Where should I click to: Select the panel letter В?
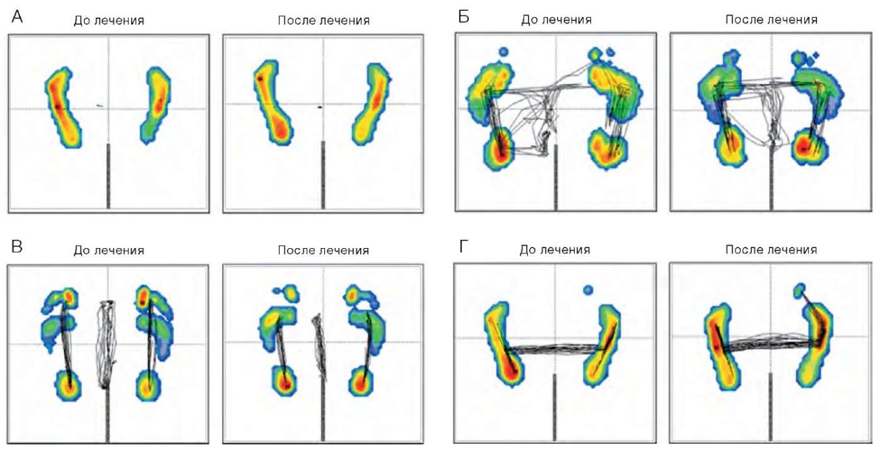tap(17, 247)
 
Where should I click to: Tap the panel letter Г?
tap(464, 247)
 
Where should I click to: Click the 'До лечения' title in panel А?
tap(109, 20)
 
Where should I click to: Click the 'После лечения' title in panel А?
tap(324, 20)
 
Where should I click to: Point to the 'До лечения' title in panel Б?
tap(556, 20)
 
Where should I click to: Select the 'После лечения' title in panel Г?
tap(771, 250)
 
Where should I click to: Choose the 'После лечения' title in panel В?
tap(324, 250)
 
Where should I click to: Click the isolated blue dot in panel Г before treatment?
tap(588, 290)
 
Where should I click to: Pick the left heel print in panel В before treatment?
tap(68, 386)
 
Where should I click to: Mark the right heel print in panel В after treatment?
tap(361, 381)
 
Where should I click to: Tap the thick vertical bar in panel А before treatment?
tap(108, 176)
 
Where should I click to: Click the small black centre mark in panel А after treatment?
tap(320, 106)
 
